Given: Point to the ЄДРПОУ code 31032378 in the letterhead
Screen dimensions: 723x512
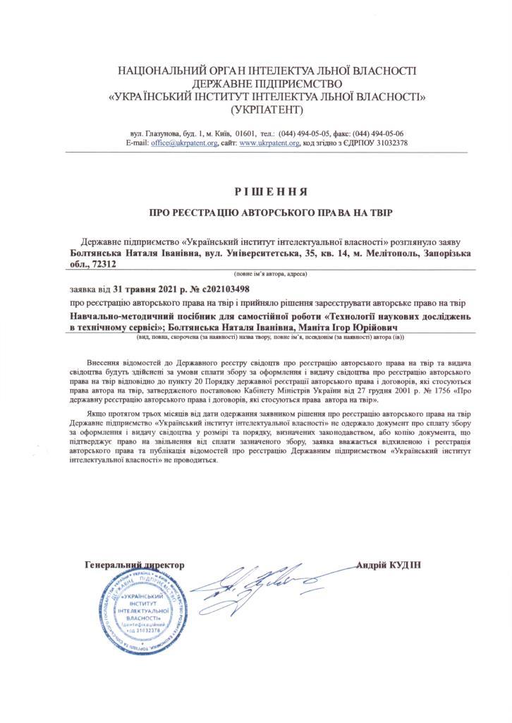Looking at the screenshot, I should [x=385, y=143].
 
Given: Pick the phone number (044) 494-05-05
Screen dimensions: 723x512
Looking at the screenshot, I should [x=306, y=133].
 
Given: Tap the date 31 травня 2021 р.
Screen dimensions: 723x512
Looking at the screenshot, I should [x=135, y=288].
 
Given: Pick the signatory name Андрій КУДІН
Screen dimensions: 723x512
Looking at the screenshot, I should [x=389, y=566].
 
